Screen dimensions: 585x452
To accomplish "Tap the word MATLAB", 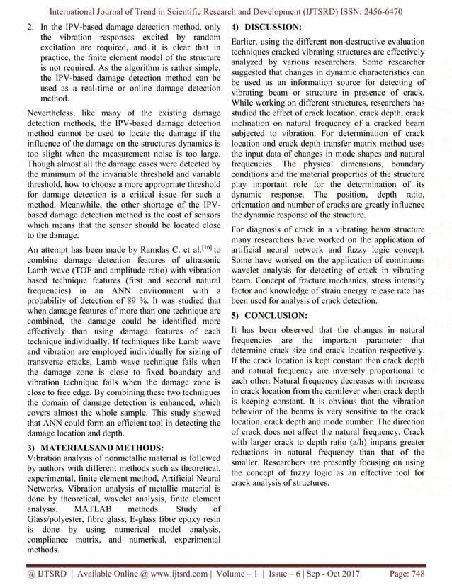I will click(91, 508).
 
